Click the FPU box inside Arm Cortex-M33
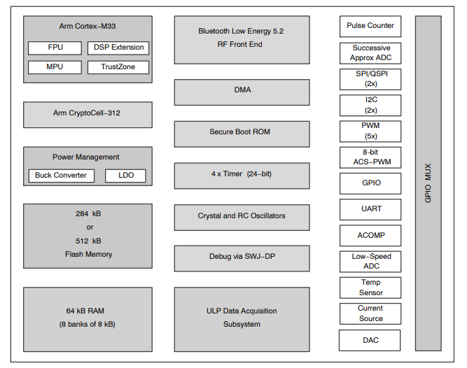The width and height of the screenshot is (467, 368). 55,48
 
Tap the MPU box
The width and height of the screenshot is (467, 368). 55,67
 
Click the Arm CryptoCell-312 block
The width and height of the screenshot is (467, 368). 88,114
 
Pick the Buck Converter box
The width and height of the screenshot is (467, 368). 61,175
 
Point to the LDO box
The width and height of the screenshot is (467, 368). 126,175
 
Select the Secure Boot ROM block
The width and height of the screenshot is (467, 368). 242,133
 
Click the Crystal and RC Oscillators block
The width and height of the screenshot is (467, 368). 242,217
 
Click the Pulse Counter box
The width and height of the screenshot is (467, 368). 370,27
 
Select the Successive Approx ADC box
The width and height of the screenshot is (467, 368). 370,53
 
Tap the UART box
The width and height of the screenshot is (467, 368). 370,209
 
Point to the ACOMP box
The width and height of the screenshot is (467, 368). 370,236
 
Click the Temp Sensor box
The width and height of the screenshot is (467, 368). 370,288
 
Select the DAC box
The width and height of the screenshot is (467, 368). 370,340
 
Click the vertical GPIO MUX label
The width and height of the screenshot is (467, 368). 428,183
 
